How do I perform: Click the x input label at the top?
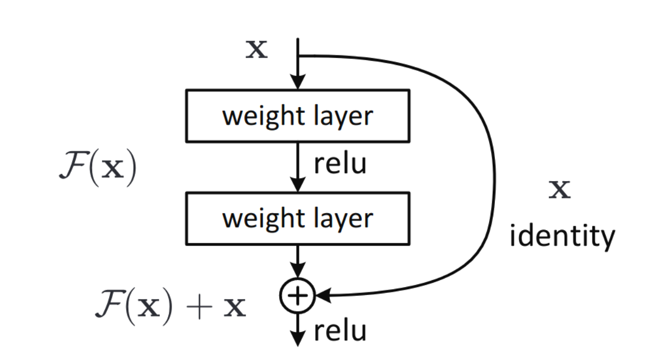coord(256,50)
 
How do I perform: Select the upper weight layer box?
coord(298,116)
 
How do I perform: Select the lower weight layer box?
coord(298,219)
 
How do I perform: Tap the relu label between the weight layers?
coord(340,165)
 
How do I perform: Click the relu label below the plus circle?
coord(340,331)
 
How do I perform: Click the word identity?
coord(562,236)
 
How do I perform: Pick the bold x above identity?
coord(559,190)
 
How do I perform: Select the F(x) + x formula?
coord(170,307)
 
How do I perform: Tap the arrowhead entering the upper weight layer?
coord(298,83)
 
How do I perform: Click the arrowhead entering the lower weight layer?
coord(298,185)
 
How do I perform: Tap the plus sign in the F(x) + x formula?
coord(198,308)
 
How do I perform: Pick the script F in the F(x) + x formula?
coord(110,306)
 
